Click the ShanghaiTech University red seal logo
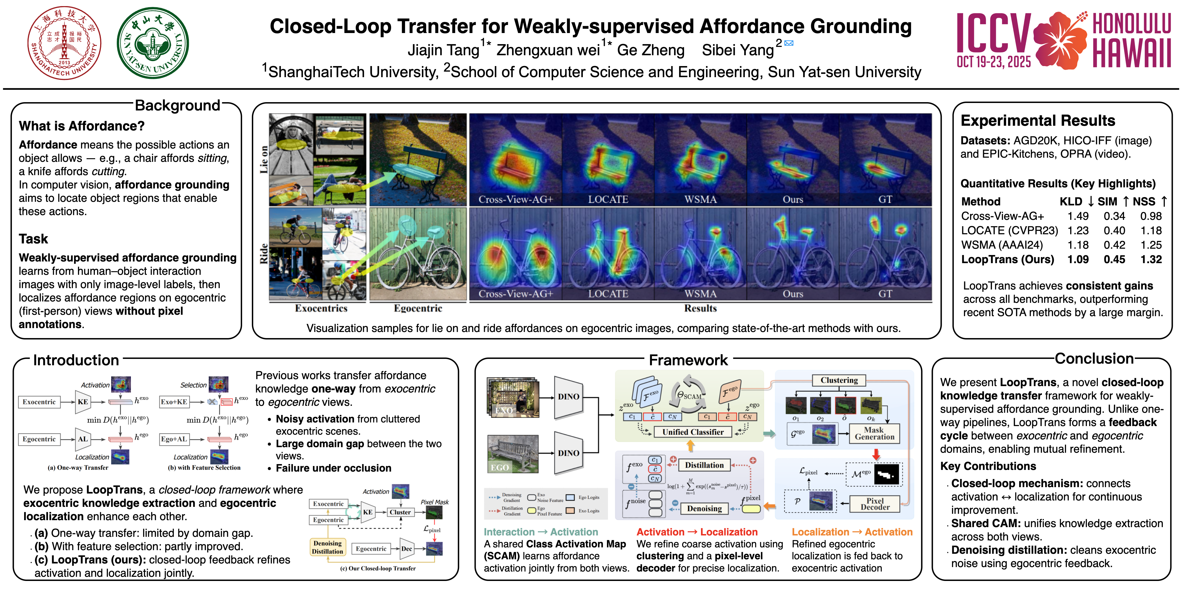tap(64, 43)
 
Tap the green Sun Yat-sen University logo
tap(153, 43)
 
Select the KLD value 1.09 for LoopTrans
tap(1078, 259)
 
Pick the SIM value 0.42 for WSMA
tap(1114, 245)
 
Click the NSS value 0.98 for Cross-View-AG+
tap(1151, 216)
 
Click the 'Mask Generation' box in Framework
tap(874, 433)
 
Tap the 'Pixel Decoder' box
tap(875, 504)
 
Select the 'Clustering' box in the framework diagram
tap(839, 380)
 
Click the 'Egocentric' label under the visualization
tap(417, 308)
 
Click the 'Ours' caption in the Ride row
tap(793, 294)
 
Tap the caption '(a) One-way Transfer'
tap(78, 468)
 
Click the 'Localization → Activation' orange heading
tap(852, 532)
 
